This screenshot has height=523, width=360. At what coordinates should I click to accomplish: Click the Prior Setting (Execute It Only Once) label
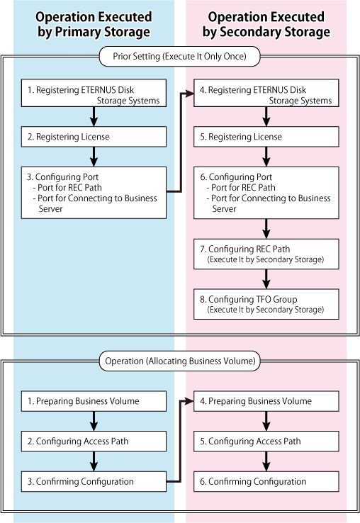(x=179, y=57)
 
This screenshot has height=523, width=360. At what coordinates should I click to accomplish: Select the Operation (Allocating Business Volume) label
(x=180, y=361)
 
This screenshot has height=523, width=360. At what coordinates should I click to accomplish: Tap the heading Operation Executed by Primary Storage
(x=94, y=24)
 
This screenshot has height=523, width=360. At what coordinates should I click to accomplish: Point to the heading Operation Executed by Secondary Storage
(x=266, y=24)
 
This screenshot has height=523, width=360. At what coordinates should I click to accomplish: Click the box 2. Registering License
(x=94, y=137)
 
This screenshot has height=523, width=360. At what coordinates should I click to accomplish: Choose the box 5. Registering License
(x=266, y=137)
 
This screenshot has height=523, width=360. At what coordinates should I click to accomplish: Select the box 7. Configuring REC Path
(x=266, y=254)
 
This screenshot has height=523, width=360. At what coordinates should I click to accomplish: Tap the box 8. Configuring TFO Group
(x=266, y=304)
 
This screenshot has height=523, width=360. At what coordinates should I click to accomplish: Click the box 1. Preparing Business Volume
(x=94, y=401)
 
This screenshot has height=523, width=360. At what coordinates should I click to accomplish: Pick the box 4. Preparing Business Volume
(x=266, y=401)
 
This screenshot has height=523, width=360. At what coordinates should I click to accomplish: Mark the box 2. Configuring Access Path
(x=94, y=442)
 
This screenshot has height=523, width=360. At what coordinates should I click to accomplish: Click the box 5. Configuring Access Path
(x=266, y=442)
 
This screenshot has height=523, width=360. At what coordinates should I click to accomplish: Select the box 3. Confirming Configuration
(x=94, y=481)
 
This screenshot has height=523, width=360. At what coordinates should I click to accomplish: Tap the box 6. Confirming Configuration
(x=266, y=481)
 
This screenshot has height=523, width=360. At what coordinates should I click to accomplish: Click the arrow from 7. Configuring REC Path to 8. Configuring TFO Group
(x=266, y=279)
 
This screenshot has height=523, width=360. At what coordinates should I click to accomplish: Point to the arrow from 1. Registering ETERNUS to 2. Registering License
(x=94, y=117)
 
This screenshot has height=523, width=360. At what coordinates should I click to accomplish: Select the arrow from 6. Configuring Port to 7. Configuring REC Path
(x=266, y=229)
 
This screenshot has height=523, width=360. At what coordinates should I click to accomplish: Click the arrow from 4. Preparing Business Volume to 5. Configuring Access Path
(x=266, y=421)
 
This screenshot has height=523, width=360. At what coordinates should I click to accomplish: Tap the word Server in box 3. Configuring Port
(x=51, y=209)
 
